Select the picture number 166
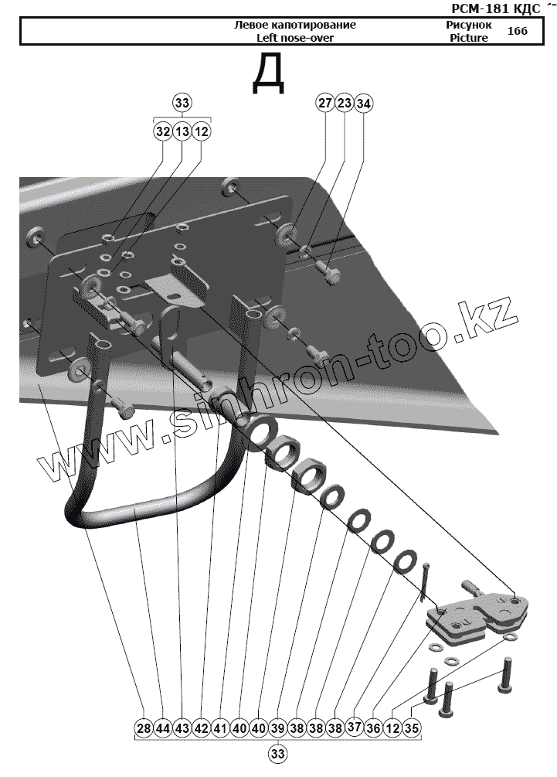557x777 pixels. click(x=518, y=31)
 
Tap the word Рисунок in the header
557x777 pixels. click(x=469, y=25)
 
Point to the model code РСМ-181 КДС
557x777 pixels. click(x=494, y=9)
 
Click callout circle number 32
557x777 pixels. click(x=162, y=132)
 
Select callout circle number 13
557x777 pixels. click(x=182, y=132)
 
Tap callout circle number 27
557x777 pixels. click(x=324, y=103)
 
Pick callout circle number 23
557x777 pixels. click(x=344, y=103)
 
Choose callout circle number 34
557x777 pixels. click(x=363, y=103)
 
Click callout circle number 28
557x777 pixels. click(x=143, y=728)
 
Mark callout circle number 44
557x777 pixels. click(x=162, y=728)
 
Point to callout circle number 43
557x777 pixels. click(x=182, y=728)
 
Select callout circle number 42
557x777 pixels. click(x=201, y=728)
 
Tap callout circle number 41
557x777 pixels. click(x=220, y=728)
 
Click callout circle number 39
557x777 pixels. click(x=278, y=728)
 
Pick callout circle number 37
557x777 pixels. click(x=355, y=727)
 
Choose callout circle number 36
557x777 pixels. click(x=374, y=728)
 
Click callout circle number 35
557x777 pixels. click(x=412, y=728)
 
